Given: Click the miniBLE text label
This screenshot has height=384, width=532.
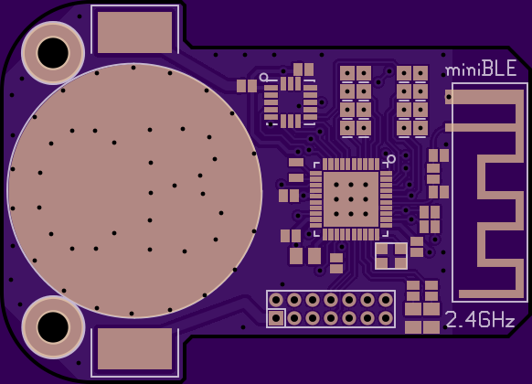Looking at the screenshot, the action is click(481, 69).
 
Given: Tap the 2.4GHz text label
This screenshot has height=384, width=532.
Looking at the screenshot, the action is click(480, 320).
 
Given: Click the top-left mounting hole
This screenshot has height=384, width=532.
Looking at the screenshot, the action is click(53, 53).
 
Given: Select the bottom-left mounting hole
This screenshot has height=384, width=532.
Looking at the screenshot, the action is click(53, 327).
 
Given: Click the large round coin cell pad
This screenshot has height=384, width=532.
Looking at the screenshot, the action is click(134, 190).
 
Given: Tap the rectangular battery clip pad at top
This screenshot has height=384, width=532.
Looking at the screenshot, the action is click(134, 33).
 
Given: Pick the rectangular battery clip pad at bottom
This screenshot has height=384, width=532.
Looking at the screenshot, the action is click(134, 348).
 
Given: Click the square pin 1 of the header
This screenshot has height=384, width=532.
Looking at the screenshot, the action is click(276, 318).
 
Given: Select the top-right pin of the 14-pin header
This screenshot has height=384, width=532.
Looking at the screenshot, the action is click(386, 300).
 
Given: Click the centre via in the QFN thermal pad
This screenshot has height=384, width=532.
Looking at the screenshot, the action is click(351, 199).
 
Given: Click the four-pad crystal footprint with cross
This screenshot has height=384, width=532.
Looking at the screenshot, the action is click(391, 256).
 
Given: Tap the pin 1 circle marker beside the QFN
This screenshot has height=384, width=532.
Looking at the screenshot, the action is click(391, 159).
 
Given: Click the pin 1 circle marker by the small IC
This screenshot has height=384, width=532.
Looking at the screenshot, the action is click(263, 78).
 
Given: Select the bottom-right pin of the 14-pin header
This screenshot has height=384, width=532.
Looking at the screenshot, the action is click(386, 318).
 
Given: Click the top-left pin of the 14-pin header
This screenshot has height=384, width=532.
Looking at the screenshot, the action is click(276, 300).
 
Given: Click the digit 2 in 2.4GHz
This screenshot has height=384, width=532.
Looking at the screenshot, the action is click(451, 320).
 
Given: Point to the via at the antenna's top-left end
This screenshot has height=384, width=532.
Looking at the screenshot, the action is click(449, 97).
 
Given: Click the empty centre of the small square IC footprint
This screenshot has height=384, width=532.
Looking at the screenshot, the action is click(291, 101).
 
